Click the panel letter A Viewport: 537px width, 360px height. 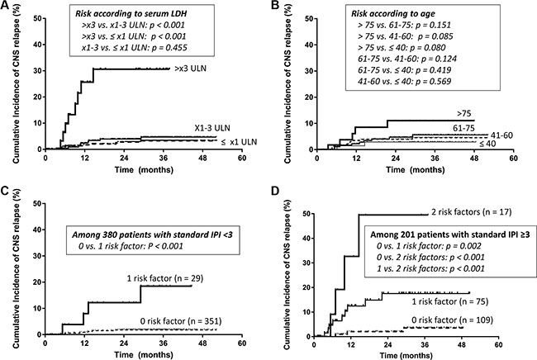pyautogui.click(x=7, y=8)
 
